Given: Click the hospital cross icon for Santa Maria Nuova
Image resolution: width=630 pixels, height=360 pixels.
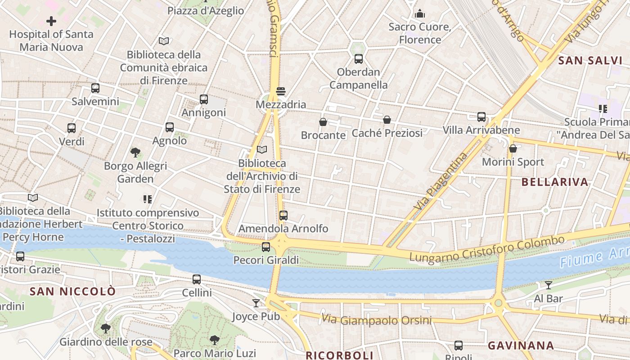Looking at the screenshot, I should [x=51, y=21].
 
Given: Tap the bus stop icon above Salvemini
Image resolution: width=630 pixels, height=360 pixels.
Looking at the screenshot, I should [x=95, y=88].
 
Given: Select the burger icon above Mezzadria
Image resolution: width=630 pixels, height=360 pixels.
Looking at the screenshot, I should [x=281, y=91].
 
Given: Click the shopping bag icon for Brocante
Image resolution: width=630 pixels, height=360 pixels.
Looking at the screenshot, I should [x=323, y=122].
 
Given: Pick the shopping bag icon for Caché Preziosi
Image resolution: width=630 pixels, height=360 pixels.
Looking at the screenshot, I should [x=387, y=120].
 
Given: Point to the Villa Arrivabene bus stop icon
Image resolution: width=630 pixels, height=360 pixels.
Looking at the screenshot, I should [x=481, y=117].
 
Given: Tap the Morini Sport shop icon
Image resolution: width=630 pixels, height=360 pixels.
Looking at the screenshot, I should [x=513, y=148].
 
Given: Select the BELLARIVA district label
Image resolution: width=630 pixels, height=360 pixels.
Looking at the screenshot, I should [x=555, y=182].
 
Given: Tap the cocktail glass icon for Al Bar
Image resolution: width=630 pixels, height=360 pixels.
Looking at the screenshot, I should [x=548, y=285].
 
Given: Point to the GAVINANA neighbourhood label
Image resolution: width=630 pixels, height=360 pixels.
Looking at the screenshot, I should [x=521, y=346].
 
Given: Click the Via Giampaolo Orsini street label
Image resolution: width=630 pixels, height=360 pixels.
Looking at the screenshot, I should [x=376, y=320].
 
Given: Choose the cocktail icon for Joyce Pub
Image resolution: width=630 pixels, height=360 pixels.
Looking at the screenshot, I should [x=256, y=303].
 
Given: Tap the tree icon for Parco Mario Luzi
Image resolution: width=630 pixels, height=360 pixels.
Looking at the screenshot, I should [x=215, y=340].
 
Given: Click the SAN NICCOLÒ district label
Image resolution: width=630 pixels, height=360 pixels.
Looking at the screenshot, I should [x=72, y=292].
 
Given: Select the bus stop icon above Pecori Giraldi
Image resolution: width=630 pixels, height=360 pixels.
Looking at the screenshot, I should [x=266, y=247].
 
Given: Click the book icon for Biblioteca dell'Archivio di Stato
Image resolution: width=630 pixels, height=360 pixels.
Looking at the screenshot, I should [x=261, y=149].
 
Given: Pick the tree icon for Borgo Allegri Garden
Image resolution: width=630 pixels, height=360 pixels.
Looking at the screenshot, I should [x=135, y=153].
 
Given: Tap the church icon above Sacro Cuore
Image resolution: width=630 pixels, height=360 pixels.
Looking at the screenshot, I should [x=420, y=13].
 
